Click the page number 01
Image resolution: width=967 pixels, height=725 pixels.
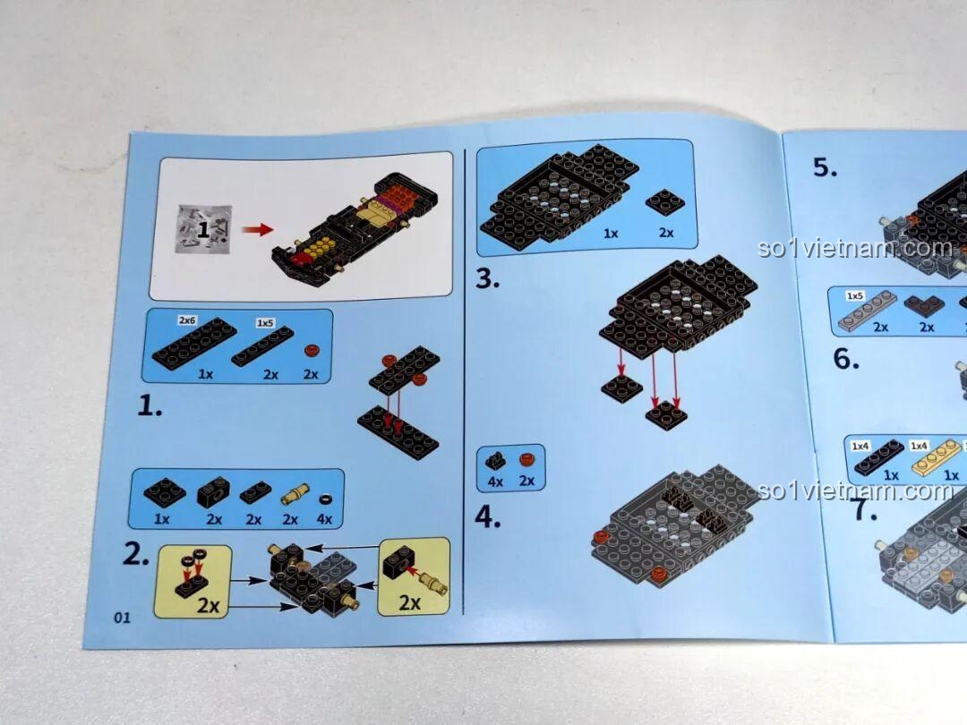[x=122, y=617]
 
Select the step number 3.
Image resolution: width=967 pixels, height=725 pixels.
[x=487, y=278]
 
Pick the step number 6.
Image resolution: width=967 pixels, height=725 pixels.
[x=846, y=359]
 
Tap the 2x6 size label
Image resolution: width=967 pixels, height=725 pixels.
[x=187, y=320]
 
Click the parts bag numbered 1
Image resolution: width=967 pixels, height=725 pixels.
[x=203, y=229]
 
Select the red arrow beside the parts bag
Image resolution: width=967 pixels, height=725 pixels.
[x=257, y=229]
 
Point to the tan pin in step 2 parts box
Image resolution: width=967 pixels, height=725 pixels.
[x=295, y=494]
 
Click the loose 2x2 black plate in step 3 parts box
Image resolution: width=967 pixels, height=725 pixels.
[x=665, y=201]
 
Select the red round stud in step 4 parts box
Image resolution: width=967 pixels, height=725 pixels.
[x=526, y=459]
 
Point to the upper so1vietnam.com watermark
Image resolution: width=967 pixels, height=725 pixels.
[x=855, y=248]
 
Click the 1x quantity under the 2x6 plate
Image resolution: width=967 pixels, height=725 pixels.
[x=205, y=374]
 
